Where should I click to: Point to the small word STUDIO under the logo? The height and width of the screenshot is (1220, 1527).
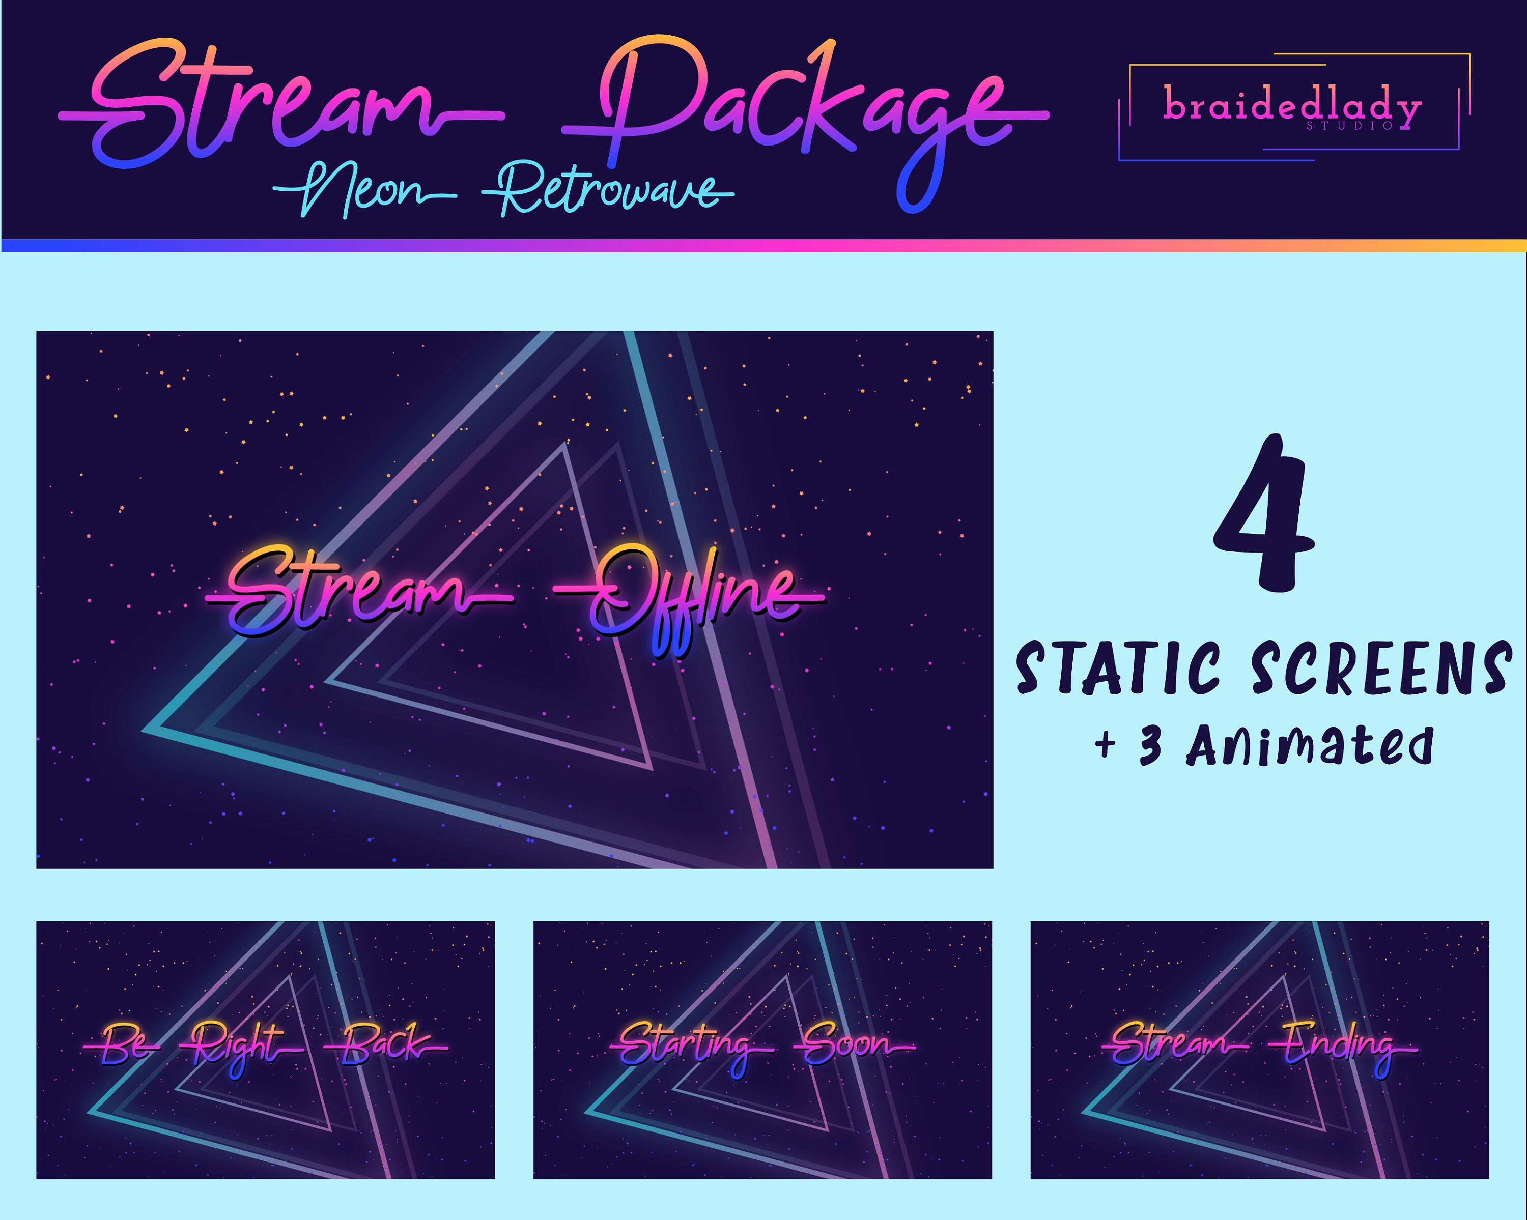point(1350,126)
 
